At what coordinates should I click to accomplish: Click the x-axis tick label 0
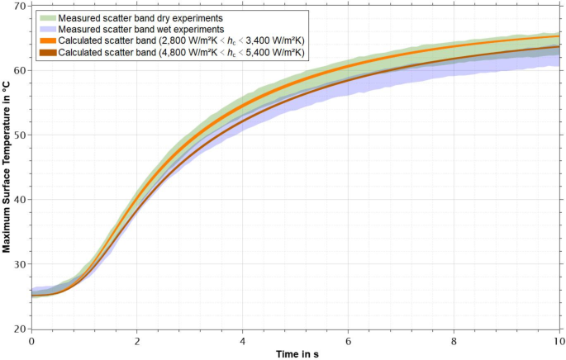pos(31,340)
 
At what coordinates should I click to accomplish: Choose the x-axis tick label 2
pos(137,340)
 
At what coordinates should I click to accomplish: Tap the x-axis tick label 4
pos(243,340)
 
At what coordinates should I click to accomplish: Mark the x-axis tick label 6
pos(349,340)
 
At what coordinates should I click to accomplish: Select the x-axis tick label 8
pos(454,340)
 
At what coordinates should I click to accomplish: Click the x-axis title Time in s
pos(299,353)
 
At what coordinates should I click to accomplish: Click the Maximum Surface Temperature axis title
pos(7,168)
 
